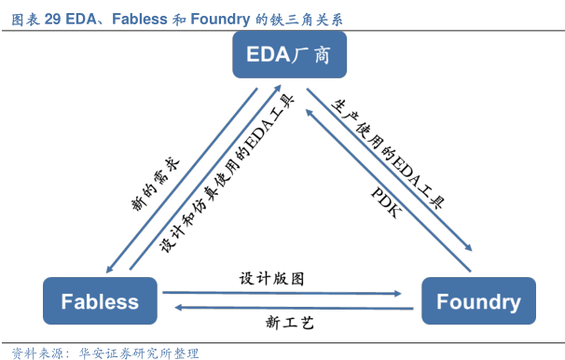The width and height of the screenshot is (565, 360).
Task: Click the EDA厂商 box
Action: [289, 56]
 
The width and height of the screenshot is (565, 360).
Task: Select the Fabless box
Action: [100, 301]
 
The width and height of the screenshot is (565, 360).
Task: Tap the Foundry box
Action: [478, 301]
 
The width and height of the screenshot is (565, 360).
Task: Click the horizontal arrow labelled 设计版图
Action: [289, 293]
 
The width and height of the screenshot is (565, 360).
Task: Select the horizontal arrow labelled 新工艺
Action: [289, 308]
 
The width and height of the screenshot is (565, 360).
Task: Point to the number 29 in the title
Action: [52, 14]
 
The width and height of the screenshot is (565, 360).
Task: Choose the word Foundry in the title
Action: [220, 14]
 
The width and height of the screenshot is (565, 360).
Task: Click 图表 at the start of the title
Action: [23, 14]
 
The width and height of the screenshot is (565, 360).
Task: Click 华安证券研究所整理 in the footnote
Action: [139, 353]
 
